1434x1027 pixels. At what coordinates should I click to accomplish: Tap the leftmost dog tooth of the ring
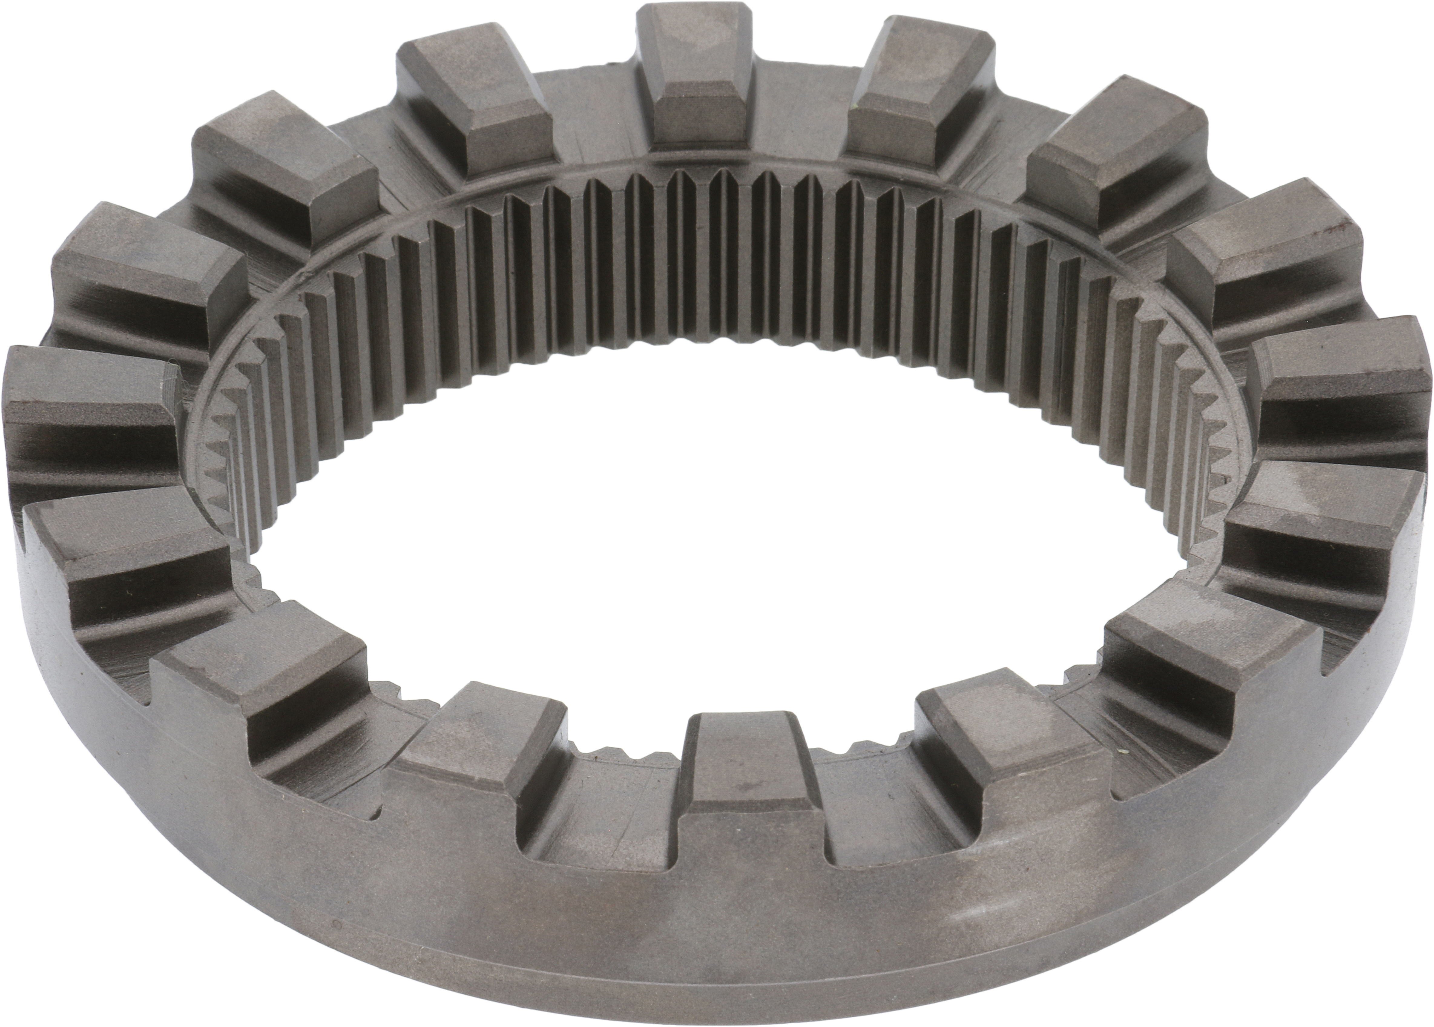point(88,405)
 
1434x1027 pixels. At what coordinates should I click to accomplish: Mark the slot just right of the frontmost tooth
point(885,822)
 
